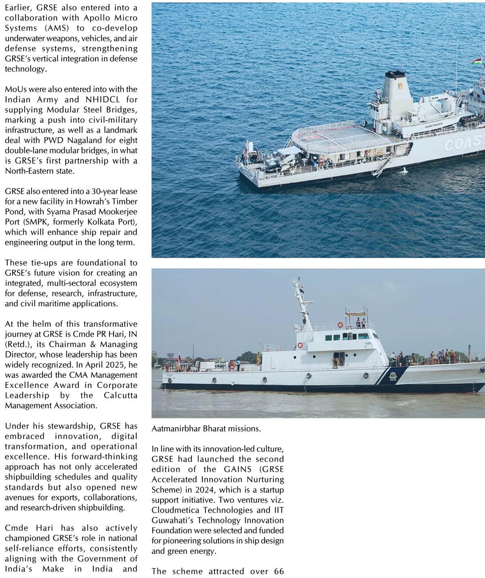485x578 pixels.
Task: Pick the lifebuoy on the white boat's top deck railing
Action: click(x=341, y=324)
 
